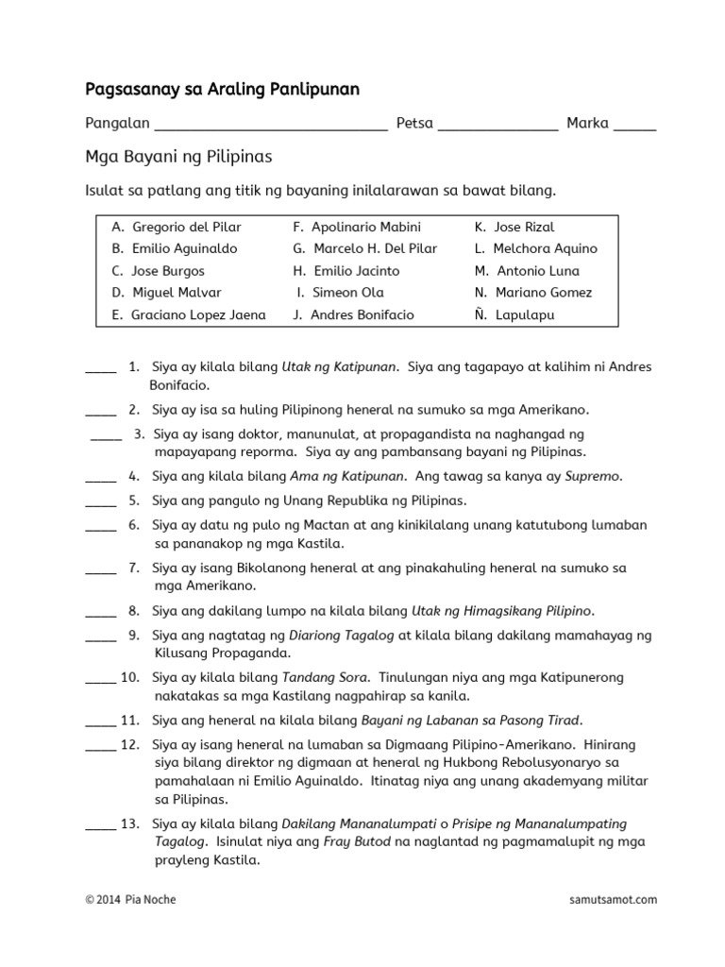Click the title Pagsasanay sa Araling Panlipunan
click(222, 90)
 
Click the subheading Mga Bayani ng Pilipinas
click(178, 157)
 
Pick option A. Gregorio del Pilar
click(177, 227)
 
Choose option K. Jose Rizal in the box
click(514, 227)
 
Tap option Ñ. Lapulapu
click(514, 314)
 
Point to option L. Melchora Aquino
click(535, 248)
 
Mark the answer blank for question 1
click(101, 371)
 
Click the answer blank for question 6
click(101, 530)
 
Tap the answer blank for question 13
click(101, 829)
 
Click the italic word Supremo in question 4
click(593, 476)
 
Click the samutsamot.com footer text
click(614, 900)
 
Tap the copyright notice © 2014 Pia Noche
click(130, 900)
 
